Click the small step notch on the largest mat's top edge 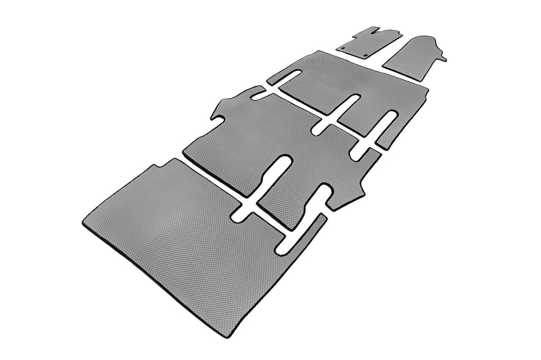pyautogui.click(x=155, y=168)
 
